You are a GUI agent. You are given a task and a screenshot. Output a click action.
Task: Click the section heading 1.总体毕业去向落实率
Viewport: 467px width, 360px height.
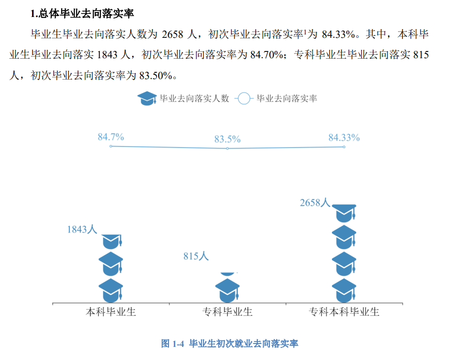coord(81,14)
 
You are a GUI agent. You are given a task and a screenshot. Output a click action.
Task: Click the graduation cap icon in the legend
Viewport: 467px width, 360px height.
coord(147,98)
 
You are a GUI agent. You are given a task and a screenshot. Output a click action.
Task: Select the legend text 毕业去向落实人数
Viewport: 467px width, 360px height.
coord(194,98)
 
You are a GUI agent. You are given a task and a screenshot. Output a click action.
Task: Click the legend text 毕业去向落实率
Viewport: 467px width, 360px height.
coord(286,98)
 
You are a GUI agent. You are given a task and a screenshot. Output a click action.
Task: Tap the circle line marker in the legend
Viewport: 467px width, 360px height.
coord(244,98)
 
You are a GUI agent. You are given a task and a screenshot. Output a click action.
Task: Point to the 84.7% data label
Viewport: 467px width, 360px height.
coord(111,137)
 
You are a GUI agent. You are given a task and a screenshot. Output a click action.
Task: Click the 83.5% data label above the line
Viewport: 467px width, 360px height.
coord(227,139)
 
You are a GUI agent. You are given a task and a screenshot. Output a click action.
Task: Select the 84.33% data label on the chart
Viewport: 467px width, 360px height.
coord(344,138)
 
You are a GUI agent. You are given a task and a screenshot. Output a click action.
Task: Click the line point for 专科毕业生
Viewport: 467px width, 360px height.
coord(227,148)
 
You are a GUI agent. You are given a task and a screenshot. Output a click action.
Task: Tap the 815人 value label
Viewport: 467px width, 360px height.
coord(196,256)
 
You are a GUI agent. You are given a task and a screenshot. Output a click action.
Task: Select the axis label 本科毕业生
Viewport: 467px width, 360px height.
coord(111,312)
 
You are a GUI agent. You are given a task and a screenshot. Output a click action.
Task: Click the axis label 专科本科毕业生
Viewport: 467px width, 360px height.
coord(344,312)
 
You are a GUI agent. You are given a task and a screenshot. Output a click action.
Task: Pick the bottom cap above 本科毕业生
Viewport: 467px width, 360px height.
coord(111,290)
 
